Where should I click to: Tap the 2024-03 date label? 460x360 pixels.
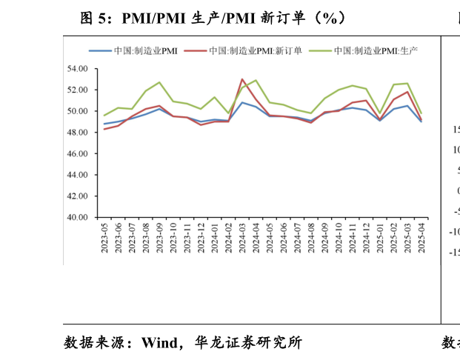point(242,238)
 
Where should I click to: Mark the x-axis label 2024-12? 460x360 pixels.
point(367,238)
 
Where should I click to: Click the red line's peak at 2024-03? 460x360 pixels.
point(242,79)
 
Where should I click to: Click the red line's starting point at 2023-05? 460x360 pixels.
point(104,129)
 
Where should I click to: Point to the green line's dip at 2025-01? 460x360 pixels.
point(380,113)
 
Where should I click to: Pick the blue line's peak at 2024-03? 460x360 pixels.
point(242,102)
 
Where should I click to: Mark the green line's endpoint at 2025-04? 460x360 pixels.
point(421,113)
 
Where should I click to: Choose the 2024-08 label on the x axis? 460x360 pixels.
point(311,238)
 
